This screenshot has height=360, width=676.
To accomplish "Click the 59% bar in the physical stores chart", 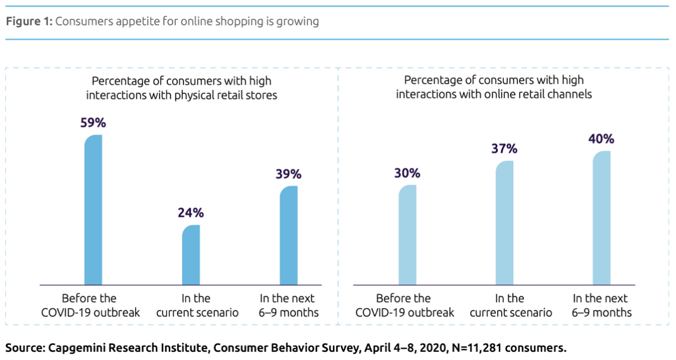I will point(93,211).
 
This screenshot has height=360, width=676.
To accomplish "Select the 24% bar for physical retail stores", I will point(191,255).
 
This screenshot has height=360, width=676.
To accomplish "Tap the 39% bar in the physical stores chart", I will point(288,235).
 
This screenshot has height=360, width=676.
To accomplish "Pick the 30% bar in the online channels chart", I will point(407,235).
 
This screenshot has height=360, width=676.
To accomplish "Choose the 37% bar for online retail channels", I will point(504,223).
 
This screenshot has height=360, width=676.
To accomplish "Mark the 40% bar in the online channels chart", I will point(602,218).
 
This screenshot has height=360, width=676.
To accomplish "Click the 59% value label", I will point(94,123).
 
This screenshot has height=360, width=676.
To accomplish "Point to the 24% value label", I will point(191,212).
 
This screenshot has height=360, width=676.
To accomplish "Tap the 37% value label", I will point(505,148).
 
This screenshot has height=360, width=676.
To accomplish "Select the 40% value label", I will point(602,138).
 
